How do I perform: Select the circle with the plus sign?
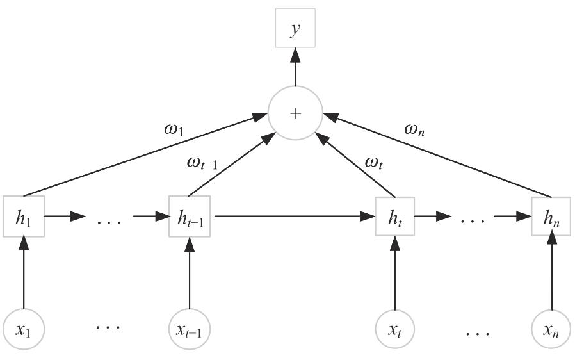295,113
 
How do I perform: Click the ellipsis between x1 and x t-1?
108,327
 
